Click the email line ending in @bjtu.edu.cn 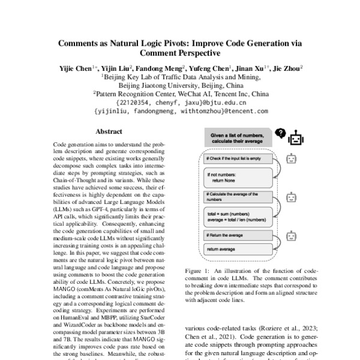click(179, 103)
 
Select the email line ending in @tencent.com click(179, 111)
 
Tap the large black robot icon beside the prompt click(295, 139)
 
